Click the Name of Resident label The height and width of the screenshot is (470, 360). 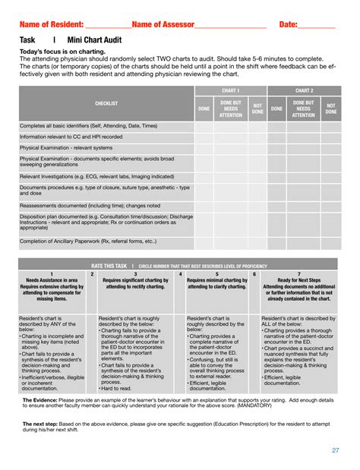pos(51,24)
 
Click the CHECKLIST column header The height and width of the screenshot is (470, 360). pos(106,103)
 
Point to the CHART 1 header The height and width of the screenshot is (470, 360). pos(230,90)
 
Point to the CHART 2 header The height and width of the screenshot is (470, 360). pos(304,90)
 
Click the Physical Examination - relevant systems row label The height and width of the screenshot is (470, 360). pos(65,148)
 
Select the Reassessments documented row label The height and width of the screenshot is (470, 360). pos(90,205)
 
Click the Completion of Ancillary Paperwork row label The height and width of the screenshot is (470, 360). pos(88,241)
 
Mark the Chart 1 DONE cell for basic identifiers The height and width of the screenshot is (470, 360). pos(204,126)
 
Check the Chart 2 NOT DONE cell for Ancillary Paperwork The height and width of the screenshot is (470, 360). pos(330,242)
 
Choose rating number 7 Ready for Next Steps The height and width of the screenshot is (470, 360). pos(298,274)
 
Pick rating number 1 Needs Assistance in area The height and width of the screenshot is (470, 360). pos(51,274)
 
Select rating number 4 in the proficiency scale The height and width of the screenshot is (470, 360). pos(180,274)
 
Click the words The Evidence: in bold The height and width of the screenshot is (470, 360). pos(39,399)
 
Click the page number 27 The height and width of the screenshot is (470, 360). pos(335,450)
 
